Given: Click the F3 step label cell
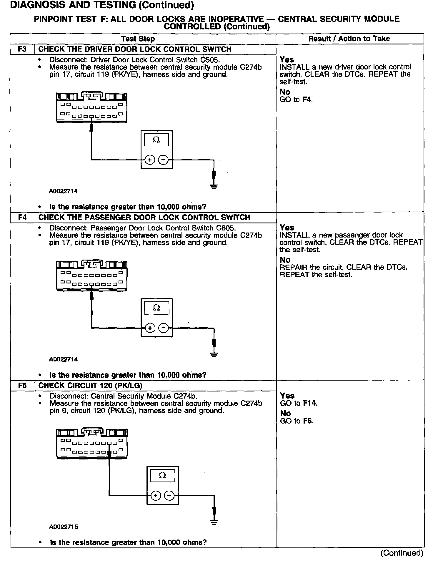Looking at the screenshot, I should tap(22, 49).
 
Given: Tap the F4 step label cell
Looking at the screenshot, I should tap(22, 217).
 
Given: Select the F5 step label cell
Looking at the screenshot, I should tap(22, 385).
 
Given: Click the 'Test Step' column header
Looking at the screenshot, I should tap(138, 39).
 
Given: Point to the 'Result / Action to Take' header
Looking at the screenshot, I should tap(349, 39).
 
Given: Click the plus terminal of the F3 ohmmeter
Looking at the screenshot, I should tap(150, 160).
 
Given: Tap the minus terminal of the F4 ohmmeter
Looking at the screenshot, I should tap(163, 328).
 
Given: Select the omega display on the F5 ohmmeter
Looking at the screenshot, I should tap(162, 475).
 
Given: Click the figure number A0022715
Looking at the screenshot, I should tap(64, 527).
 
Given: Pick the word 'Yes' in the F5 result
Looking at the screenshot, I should tap(287, 396).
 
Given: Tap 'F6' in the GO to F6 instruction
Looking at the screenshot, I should tap(308, 421).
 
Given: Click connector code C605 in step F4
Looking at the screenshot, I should tap(226, 228).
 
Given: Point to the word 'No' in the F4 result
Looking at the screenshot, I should tap(285, 260).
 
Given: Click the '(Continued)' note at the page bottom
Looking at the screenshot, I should tap(402, 553).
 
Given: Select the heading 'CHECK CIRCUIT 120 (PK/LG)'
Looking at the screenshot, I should tap(90, 385).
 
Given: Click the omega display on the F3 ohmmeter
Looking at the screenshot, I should tap(156, 140).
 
